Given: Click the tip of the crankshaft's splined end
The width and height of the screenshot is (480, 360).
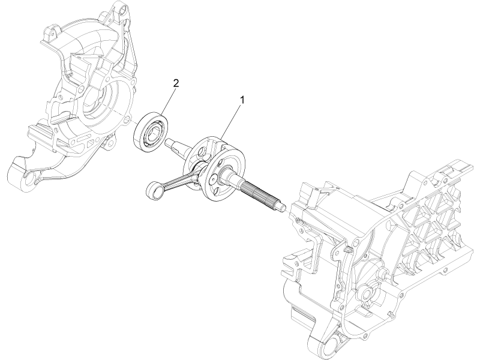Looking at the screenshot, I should click(280, 208).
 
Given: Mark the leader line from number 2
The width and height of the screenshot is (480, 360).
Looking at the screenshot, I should click(167, 100).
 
